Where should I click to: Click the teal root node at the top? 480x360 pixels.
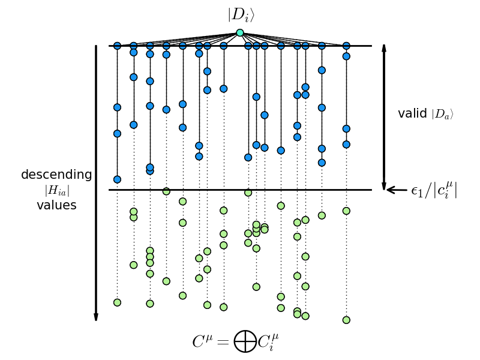tap(240, 33)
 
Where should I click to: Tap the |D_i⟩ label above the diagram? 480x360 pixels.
tap(241, 14)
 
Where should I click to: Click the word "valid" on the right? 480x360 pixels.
tap(412, 113)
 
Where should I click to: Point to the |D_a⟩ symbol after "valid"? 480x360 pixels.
tap(443, 114)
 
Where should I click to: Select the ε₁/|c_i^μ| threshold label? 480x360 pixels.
tap(434, 191)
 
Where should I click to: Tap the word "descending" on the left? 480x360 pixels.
tap(56, 175)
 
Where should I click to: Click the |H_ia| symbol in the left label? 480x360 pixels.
tap(56, 191)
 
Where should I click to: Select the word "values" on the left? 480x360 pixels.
tap(56, 206)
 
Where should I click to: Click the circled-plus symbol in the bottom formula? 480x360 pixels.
tap(245, 341)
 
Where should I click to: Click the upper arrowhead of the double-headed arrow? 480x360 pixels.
tap(384, 49)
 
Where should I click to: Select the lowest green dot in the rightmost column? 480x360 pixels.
tap(346, 320)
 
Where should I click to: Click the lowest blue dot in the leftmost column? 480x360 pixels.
tap(117, 179)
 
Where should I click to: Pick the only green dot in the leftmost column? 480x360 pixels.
tap(117, 302)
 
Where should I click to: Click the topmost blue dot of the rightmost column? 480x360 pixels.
tap(346, 46)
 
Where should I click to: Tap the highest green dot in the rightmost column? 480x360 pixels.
tap(346, 211)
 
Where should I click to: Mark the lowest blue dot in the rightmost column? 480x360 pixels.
tap(346, 145)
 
